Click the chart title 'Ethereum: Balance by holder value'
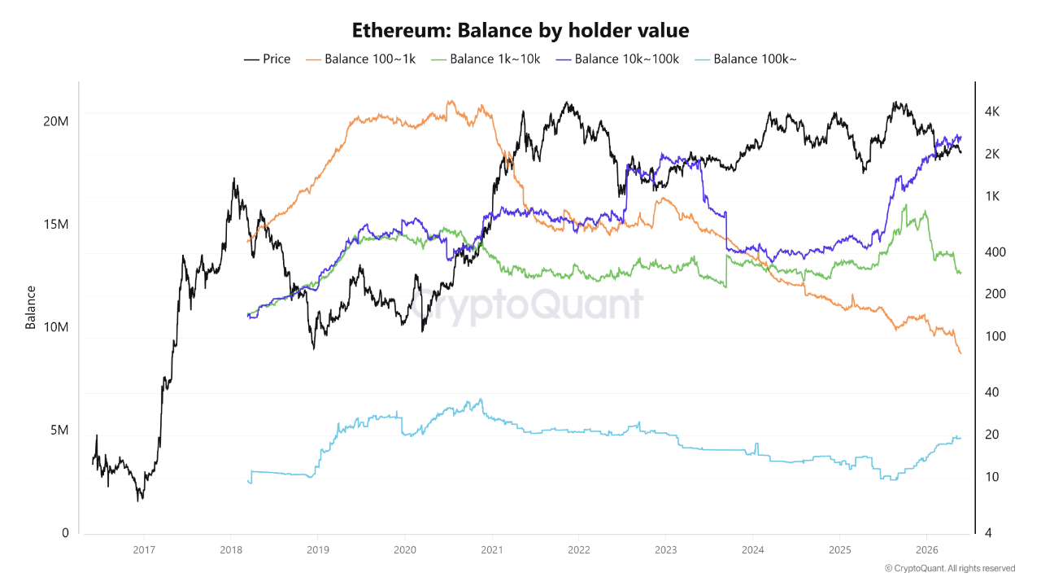pyautogui.click(x=520, y=31)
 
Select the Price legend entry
pyautogui.click(x=268, y=59)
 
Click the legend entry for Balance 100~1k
pyautogui.click(x=360, y=59)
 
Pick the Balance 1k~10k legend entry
pyautogui.click(x=486, y=59)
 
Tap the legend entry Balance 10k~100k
pyautogui.click(x=617, y=59)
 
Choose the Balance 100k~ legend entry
pyautogui.click(x=746, y=59)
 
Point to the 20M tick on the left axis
pyautogui.click(x=56, y=121)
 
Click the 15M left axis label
pyautogui.click(x=56, y=224)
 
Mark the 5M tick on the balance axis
pyautogui.click(x=59, y=431)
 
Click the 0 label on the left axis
pyautogui.click(x=65, y=533)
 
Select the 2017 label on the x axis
pyautogui.click(x=144, y=550)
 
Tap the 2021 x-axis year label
pyautogui.click(x=492, y=550)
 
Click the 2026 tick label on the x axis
pyautogui.click(x=926, y=550)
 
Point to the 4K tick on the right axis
pyautogui.click(x=991, y=112)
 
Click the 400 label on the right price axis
pyautogui.click(x=995, y=252)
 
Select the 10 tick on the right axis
pyautogui.click(x=991, y=477)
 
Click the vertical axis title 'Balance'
pyautogui.click(x=30, y=308)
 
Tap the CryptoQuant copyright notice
pyautogui.click(x=950, y=568)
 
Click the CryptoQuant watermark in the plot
pyautogui.click(x=528, y=304)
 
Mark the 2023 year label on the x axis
pyautogui.click(x=665, y=550)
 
